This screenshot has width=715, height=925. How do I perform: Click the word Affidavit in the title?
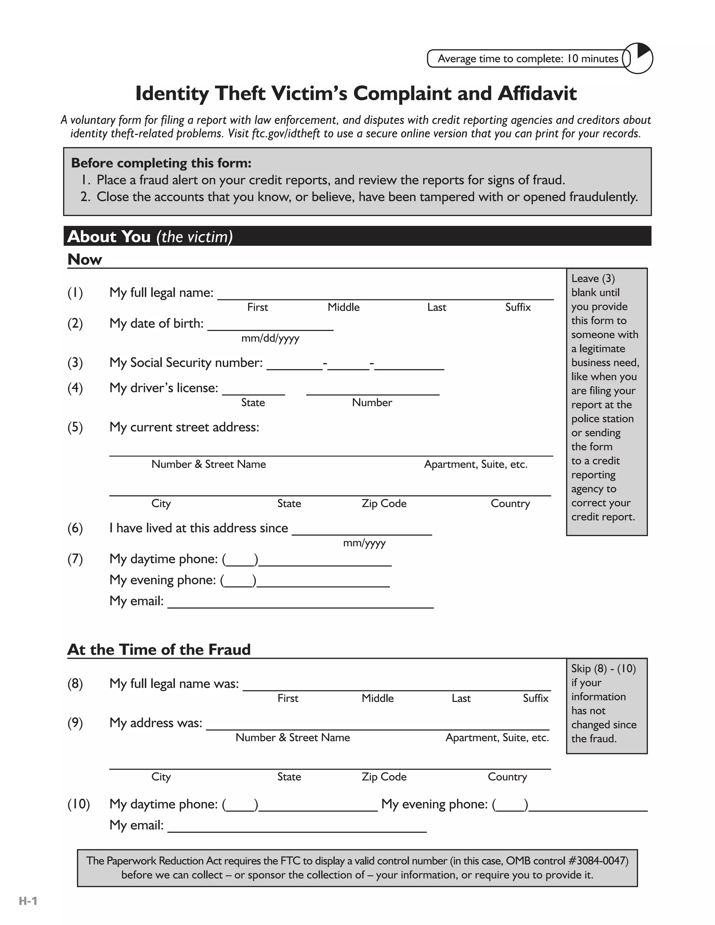pyautogui.click(x=537, y=94)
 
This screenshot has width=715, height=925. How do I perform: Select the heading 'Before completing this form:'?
pyautogui.click(x=161, y=163)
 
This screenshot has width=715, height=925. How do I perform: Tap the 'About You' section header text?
pyautogui.click(x=109, y=236)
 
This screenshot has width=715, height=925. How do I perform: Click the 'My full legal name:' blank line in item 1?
pyautogui.click(x=385, y=294)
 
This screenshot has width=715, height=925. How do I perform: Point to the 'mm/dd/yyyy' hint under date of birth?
pyautogui.click(x=270, y=338)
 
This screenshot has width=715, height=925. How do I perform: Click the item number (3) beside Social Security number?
pyautogui.click(x=75, y=363)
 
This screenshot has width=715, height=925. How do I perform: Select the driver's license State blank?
pyautogui.click(x=253, y=390)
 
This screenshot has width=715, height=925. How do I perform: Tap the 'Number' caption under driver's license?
pyautogui.click(x=372, y=402)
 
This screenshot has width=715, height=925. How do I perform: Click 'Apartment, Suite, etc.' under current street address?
pyautogui.click(x=476, y=464)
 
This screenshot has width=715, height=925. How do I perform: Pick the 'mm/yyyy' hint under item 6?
pyautogui.click(x=364, y=543)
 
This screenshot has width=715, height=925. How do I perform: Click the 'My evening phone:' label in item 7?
pyautogui.click(x=163, y=580)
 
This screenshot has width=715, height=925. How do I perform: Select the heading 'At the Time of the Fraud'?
pyautogui.click(x=159, y=649)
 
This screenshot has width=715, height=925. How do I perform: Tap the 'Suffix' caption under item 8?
pyautogui.click(x=536, y=698)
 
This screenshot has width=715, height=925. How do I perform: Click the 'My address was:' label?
pyautogui.click(x=155, y=723)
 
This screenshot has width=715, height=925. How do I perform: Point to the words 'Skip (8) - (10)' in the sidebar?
pyautogui.click(x=603, y=668)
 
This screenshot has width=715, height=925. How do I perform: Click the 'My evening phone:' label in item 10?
pyautogui.click(x=434, y=804)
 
